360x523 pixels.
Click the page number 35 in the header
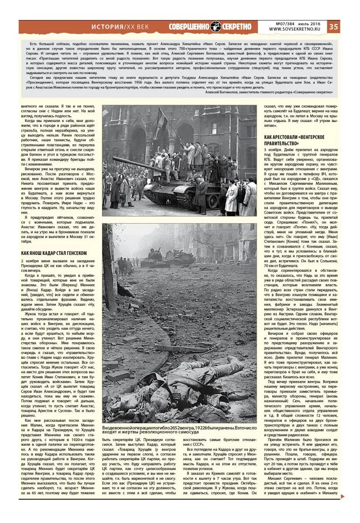point(333,27)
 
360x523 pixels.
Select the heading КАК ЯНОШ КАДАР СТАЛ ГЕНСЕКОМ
point(54,253)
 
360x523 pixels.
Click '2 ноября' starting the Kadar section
point(30,261)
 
